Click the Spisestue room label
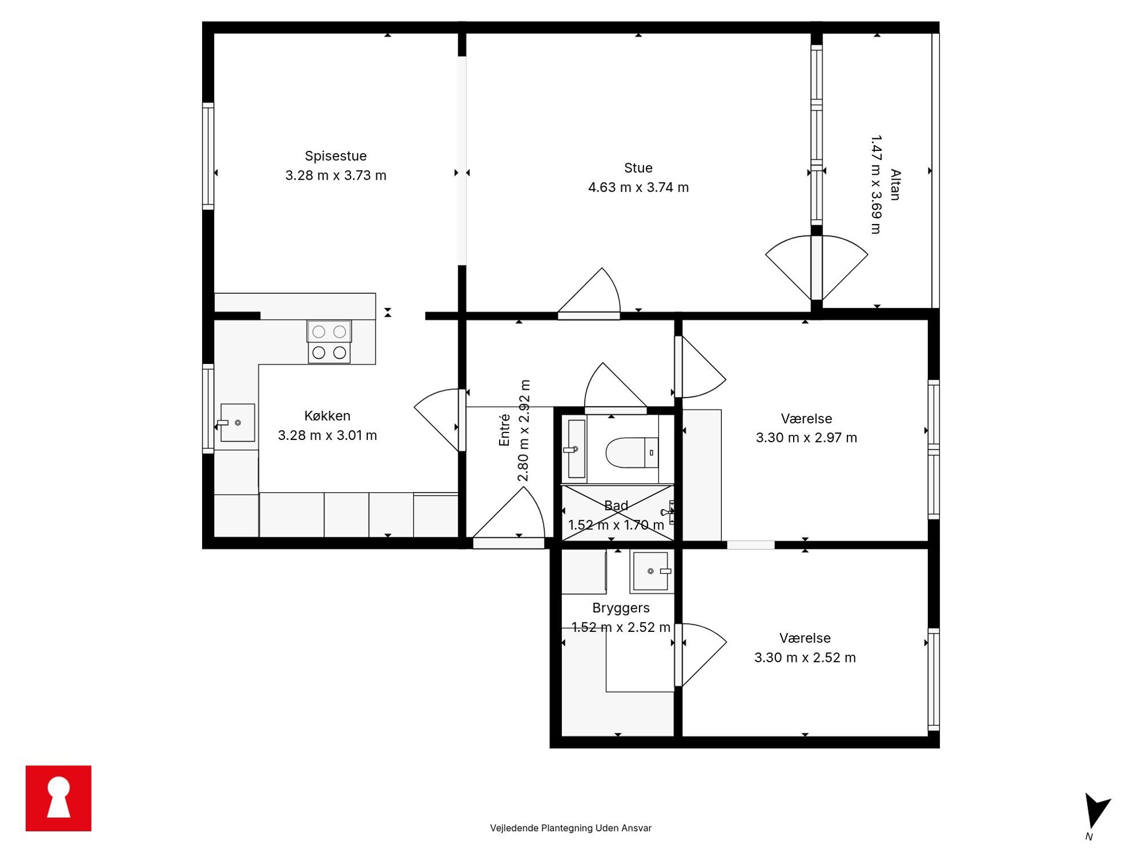[x=336, y=156]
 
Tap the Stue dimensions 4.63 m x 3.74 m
[x=638, y=187]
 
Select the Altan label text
[x=895, y=185]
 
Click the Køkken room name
[x=327, y=416]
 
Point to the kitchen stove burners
[x=329, y=342]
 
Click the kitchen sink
[x=237, y=423]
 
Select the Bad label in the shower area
[x=616, y=506]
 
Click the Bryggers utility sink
[x=652, y=571]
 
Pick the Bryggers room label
[x=621, y=608]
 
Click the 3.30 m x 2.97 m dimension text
[x=806, y=438]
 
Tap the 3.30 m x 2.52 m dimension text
[x=805, y=658]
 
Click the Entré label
[x=504, y=430]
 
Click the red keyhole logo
[x=59, y=798]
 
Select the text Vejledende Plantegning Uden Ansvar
[x=570, y=828]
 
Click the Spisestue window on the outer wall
[x=208, y=156]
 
